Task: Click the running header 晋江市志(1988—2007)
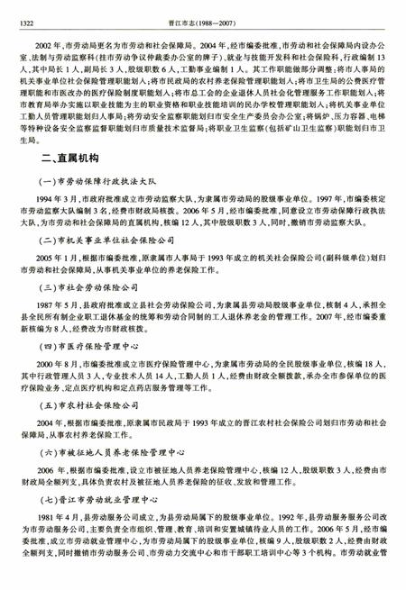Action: (203, 12)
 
